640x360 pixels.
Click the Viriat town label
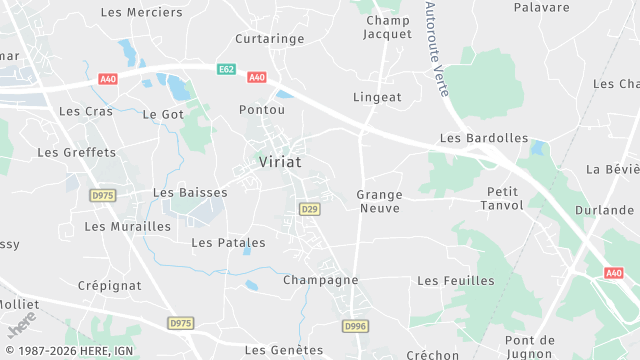[x=280, y=161]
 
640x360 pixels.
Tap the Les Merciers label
[x=143, y=12]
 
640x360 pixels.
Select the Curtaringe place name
[x=269, y=38]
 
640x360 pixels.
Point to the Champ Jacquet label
[x=388, y=27]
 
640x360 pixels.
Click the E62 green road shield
[x=227, y=68]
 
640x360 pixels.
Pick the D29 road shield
[x=309, y=209]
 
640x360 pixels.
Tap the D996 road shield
[x=355, y=326]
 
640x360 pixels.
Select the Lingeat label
[x=377, y=97]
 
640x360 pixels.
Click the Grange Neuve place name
[x=379, y=201]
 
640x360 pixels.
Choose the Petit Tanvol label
[x=506, y=198]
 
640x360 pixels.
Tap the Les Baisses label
[x=190, y=192]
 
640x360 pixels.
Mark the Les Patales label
[x=228, y=242]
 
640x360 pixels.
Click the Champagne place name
[x=320, y=280]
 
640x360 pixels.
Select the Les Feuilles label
[x=456, y=281]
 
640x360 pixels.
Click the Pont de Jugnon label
[x=530, y=347]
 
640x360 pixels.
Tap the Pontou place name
[x=263, y=109]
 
